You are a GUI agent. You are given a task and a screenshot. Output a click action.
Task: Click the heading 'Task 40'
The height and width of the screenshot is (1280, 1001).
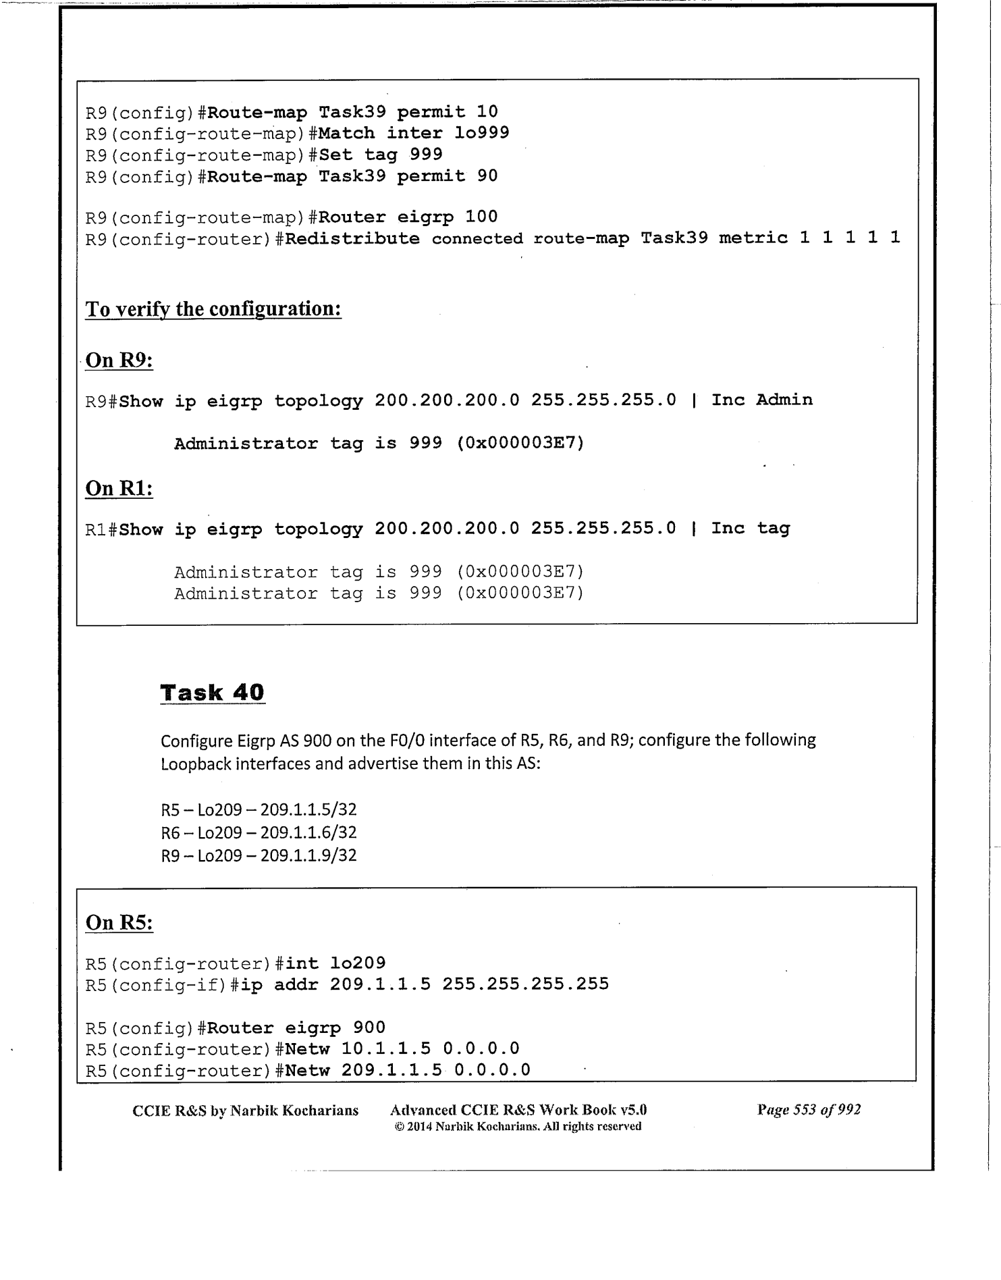click(212, 693)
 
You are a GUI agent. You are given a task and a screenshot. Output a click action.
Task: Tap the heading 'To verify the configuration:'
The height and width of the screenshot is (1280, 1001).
click(213, 309)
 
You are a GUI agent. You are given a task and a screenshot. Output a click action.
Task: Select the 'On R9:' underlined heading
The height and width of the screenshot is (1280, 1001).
click(119, 361)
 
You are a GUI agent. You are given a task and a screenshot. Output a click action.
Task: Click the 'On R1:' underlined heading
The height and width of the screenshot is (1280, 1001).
click(119, 488)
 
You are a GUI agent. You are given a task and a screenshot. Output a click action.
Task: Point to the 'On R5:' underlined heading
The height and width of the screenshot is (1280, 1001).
click(119, 923)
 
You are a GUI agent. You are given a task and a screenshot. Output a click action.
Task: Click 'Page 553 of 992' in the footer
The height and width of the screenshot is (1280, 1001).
click(809, 1109)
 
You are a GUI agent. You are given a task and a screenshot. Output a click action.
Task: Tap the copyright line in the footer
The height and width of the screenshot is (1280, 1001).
click(518, 1126)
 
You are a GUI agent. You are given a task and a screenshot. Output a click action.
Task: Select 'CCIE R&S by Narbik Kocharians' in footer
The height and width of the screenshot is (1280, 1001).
click(246, 1110)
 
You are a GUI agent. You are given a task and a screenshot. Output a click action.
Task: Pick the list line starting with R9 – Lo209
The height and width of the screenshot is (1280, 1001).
click(259, 855)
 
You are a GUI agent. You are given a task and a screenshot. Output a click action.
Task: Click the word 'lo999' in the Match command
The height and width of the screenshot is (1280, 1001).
click(481, 133)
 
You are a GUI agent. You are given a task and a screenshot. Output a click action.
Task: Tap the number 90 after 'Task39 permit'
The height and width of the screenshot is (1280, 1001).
click(487, 176)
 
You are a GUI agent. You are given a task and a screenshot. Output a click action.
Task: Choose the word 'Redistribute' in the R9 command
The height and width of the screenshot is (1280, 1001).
click(352, 238)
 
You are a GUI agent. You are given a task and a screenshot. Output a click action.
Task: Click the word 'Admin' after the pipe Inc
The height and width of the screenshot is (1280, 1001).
click(784, 400)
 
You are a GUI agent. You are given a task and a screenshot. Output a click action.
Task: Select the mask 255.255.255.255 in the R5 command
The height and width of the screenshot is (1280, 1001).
click(525, 984)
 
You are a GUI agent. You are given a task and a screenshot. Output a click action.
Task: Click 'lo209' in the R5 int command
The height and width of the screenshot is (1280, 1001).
click(358, 963)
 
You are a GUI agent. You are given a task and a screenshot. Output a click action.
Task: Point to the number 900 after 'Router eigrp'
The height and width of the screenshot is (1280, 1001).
click(369, 1028)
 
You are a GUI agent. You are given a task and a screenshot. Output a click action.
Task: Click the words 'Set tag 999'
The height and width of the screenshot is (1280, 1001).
click(380, 155)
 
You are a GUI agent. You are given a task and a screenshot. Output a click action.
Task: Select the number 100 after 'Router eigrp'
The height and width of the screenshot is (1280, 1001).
click(481, 217)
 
